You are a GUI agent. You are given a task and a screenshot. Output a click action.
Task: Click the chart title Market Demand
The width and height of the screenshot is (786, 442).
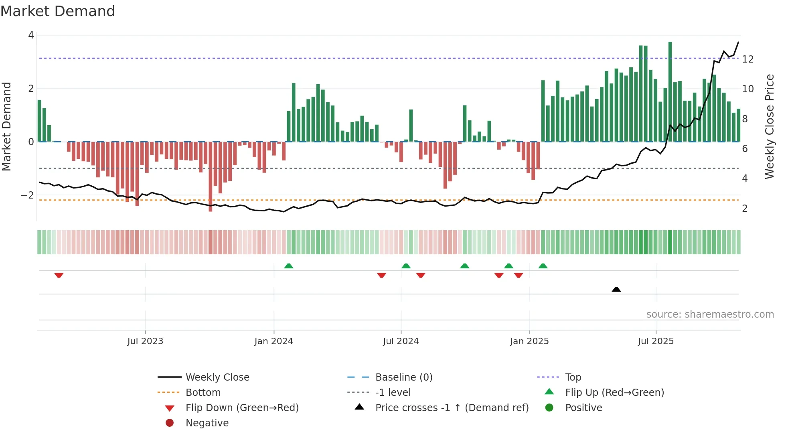tap(58, 11)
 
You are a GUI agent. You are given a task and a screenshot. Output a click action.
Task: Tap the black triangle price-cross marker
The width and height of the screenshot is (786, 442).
tap(616, 289)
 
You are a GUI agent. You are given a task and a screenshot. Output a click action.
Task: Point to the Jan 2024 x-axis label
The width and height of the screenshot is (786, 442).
tap(273, 341)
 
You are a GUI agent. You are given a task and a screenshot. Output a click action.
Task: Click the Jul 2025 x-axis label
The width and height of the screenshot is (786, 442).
tap(656, 341)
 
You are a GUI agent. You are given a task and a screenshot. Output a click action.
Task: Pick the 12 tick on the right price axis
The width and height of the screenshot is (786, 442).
tap(748, 59)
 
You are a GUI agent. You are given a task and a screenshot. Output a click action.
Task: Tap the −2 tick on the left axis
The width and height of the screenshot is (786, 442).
tap(27, 195)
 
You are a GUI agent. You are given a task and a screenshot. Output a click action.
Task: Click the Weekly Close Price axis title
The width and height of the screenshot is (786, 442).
tap(769, 126)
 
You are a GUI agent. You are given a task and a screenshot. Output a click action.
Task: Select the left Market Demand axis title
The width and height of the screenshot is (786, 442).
tap(6, 126)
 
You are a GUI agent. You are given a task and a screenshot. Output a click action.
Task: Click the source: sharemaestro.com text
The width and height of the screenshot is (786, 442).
tap(710, 314)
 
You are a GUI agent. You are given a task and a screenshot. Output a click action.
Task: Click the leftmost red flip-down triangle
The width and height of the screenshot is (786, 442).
tap(59, 275)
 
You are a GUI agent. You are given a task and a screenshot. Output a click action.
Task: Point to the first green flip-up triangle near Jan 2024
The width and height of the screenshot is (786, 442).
tap(289, 266)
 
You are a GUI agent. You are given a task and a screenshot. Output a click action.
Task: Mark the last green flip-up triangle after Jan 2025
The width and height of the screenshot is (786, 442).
tap(543, 266)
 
